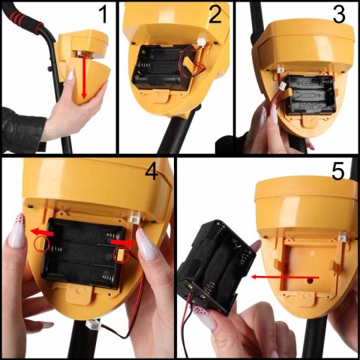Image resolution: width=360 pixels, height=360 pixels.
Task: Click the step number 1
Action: pyautogui.click(x=103, y=14)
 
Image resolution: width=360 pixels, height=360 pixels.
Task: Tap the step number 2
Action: pyautogui.click(x=215, y=14)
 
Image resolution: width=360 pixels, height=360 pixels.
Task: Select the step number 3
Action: pyautogui.click(x=339, y=14)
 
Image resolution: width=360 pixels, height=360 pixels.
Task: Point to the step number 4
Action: pyautogui.click(x=151, y=172)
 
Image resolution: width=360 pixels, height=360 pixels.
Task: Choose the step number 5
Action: pyautogui.click(x=338, y=172)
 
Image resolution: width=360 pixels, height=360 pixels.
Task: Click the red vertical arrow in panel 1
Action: pyautogui.click(x=84, y=76)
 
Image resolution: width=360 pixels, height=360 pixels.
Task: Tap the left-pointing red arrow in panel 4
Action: pyautogui.click(x=42, y=232)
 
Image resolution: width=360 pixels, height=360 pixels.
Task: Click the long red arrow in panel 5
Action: pyautogui.click(x=285, y=277)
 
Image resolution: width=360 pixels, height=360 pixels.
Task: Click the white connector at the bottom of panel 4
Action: pyautogui.click(x=93, y=325)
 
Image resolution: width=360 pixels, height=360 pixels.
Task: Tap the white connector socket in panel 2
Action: pyautogui.click(x=202, y=43)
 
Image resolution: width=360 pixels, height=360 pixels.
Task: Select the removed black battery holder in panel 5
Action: pyautogui.click(x=216, y=265)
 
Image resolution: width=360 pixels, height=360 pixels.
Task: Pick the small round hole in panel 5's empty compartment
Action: pyautogui.click(x=310, y=280)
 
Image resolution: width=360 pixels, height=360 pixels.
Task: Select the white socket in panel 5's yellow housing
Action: pyautogui.click(x=343, y=236)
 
